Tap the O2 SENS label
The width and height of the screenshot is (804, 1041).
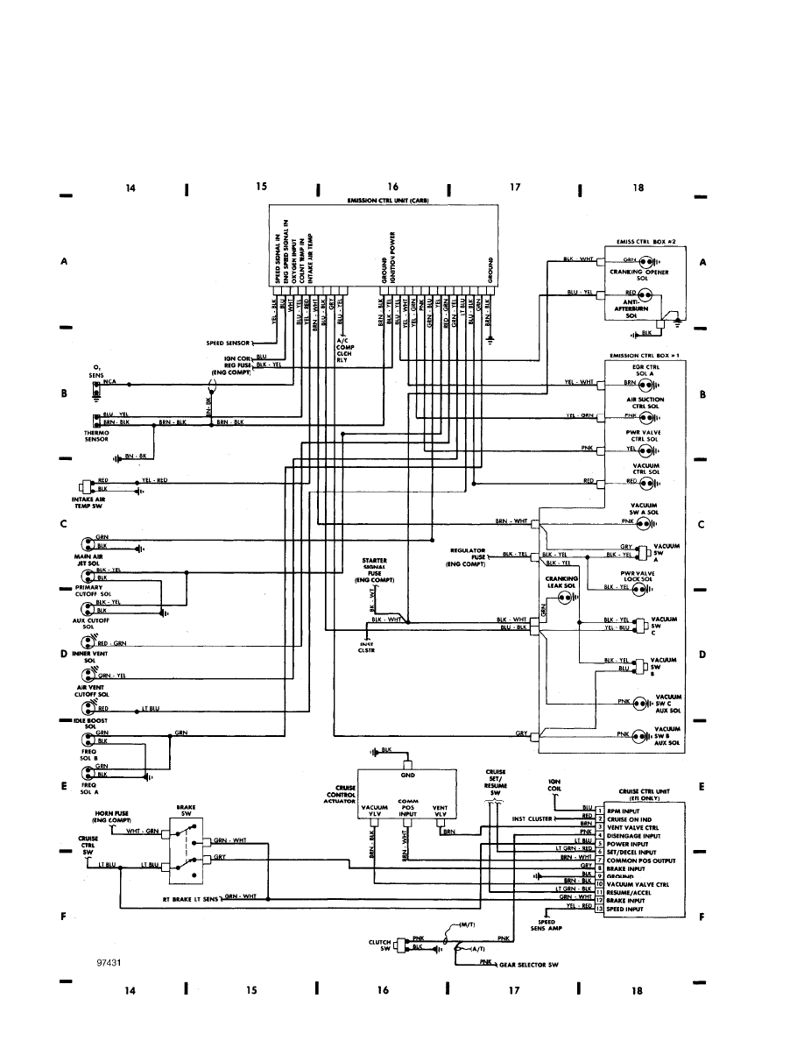point(97,370)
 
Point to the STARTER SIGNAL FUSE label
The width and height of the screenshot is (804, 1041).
point(375,570)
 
